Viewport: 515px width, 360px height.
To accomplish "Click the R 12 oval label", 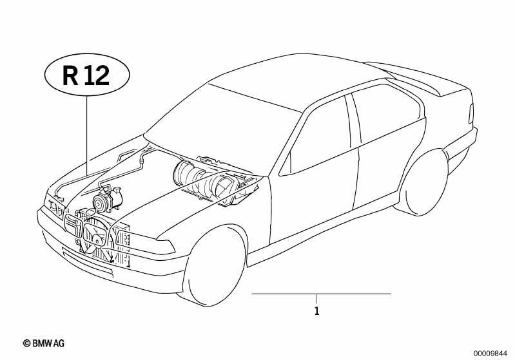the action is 87,75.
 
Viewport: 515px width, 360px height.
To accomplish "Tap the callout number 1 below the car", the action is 316,311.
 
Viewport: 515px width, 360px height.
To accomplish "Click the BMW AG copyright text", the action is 44,343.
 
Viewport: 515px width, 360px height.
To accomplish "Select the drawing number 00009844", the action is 490,353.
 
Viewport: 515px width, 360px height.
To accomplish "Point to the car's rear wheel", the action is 424,184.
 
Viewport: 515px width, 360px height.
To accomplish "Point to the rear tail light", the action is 471,113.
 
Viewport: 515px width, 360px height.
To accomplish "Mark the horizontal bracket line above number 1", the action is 321,294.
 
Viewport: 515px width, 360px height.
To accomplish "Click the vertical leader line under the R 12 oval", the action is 87,135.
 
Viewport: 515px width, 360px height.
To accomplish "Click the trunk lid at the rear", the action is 423,79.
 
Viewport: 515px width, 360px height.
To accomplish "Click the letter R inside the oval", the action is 70,76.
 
